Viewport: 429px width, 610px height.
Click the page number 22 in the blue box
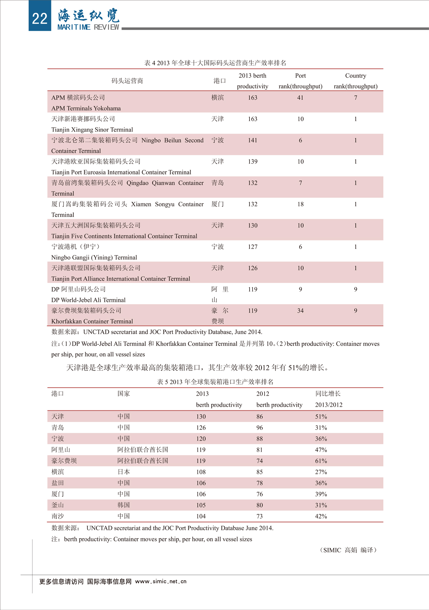click(x=39, y=18)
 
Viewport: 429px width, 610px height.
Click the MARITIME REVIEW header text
click(x=88, y=27)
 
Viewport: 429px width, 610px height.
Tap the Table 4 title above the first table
click(x=215, y=63)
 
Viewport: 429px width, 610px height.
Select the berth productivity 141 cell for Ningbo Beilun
click(x=252, y=140)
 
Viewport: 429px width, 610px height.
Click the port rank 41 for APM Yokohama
click(x=300, y=98)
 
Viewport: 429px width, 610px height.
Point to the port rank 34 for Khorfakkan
click(x=300, y=311)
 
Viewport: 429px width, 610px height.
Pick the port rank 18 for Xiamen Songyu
click(x=300, y=204)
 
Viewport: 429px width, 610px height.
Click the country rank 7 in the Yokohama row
click(x=355, y=98)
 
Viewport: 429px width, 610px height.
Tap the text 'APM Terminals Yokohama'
click(x=86, y=108)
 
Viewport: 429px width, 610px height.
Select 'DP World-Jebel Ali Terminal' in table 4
click(x=88, y=300)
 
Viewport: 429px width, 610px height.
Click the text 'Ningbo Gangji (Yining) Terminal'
click(x=94, y=257)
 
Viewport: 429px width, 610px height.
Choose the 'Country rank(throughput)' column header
click(x=355, y=81)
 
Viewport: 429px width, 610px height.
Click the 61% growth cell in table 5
click(x=321, y=461)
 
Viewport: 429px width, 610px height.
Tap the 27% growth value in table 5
click(x=321, y=472)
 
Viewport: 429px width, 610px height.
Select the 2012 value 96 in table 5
click(x=260, y=428)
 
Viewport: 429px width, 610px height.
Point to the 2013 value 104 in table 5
click(x=201, y=516)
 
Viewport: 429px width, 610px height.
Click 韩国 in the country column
click(x=124, y=505)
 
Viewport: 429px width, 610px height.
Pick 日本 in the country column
click(x=124, y=472)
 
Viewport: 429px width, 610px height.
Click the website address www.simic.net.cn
click(x=161, y=581)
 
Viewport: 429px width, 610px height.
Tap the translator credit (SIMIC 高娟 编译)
click(x=348, y=550)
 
